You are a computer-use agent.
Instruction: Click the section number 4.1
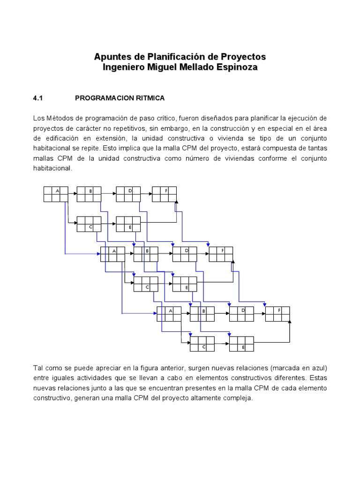(x=38, y=98)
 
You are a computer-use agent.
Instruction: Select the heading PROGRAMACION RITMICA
(x=120, y=98)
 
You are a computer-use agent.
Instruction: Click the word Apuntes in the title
(x=113, y=57)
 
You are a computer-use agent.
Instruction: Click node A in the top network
(x=56, y=194)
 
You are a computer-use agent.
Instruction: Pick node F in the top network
(x=164, y=194)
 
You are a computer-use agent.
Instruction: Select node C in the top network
(x=89, y=224)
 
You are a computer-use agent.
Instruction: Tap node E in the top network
(x=128, y=224)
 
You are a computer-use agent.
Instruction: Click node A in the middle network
(x=112, y=254)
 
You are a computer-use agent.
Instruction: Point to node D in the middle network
(x=185, y=254)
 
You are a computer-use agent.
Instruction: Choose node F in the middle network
(x=221, y=254)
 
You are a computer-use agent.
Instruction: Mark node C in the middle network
(x=146, y=284)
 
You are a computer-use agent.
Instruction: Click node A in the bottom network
(x=169, y=314)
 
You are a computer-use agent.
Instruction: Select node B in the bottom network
(x=202, y=314)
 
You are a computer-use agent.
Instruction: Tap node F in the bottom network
(x=277, y=314)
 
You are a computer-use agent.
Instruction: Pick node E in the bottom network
(x=241, y=344)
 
